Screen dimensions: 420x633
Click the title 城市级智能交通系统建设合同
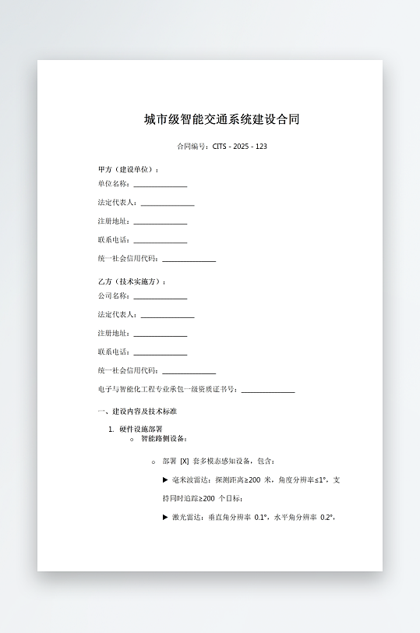[x=221, y=119]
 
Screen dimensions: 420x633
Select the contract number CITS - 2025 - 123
[x=240, y=147]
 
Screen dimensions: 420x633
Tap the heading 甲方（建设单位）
[x=129, y=169]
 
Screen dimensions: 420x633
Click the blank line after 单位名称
[x=160, y=186]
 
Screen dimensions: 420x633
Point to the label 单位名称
[x=114, y=184]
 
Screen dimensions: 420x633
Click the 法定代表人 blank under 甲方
[x=167, y=204]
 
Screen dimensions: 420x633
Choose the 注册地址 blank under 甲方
[x=160, y=223]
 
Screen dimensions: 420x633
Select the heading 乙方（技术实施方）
[x=132, y=281]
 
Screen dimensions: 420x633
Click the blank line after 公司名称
[x=160, y=298]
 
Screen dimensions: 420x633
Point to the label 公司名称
[x=114, y=296]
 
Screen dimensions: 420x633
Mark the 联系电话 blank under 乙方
[x=160, y=354]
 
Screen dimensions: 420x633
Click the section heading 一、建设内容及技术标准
[x=136, y=411]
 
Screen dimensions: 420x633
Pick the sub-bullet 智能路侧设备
[x=164, y=439]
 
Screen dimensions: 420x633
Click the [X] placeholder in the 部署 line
[x=185, y=461]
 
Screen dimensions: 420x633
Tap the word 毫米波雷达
[x=189, y=480]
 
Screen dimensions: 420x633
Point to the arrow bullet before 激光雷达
[x=165, y=517]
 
